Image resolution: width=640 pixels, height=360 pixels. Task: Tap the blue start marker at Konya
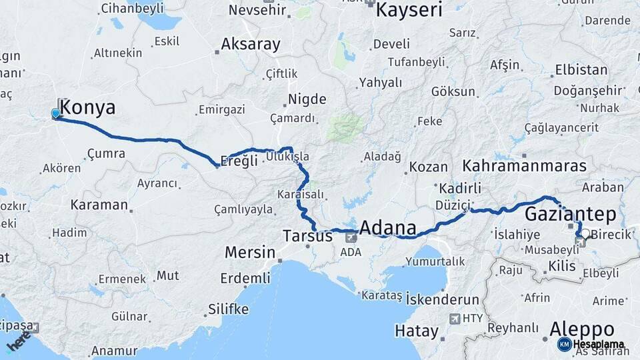point(55,114)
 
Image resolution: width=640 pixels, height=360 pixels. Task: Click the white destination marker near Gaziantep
point(585,235)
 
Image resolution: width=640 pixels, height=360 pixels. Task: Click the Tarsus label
point(307,236)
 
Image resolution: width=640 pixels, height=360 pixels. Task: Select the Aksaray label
point(251,45)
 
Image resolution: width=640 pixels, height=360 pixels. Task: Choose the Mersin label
point(250,252)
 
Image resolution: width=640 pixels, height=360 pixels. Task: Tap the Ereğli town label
point(239,161)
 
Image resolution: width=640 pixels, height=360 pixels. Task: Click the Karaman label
point(99,205)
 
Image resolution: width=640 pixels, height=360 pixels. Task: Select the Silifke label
point(228,309)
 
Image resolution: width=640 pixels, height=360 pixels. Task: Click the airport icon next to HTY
point(455,319)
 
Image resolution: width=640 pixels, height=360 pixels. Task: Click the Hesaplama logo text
point(598,344)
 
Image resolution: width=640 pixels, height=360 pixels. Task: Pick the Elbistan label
point(581,70)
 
